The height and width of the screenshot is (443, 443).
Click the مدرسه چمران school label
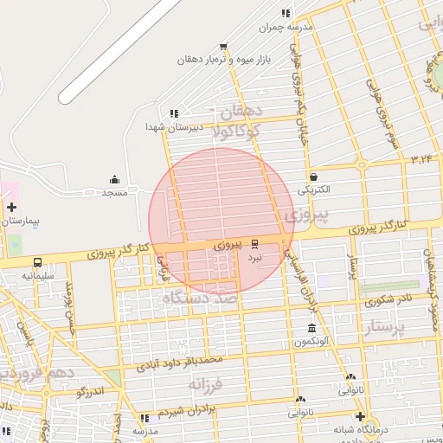click(x=289, y=27)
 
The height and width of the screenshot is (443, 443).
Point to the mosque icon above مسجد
click(x=114, y=180)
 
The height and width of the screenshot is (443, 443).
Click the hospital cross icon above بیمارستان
click(x=11, y=207)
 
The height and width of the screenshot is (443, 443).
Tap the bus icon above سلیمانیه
click(x=37, y=262)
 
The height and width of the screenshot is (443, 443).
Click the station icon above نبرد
click(x=254, y=244)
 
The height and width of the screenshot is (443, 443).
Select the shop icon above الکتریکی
click(x=314, y=175)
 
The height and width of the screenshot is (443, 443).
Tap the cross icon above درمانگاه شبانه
click(x=360, y=416)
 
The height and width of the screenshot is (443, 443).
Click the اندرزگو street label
click(x=91, y=391)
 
